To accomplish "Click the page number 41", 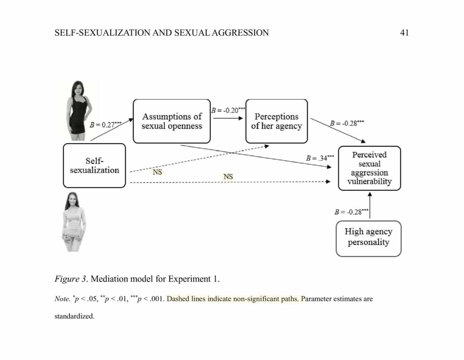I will (x=405, y=33).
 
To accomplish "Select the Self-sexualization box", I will (x=94, y=165).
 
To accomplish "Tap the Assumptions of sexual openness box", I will (x=172, y=121).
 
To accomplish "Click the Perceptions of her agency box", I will (x=276, y=121).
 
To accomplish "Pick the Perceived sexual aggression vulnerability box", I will (x=369, y=168).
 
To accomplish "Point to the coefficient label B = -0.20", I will (x=228, y=110).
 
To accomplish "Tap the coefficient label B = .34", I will (x=320, y=158).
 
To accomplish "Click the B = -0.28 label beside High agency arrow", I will (x=351, y=211).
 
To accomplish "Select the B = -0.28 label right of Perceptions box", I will (x=347, y=123).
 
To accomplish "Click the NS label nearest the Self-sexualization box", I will (x=157, y=173).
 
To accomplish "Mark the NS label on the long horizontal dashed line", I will (x=228, y=176).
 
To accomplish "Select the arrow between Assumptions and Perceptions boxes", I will (x=228, y=118).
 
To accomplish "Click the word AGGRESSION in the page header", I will (x=239, y=33).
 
